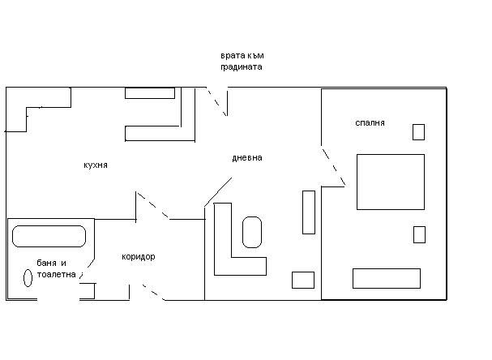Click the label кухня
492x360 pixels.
(x=96, y=165)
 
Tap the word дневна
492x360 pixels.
(x=247, y=158)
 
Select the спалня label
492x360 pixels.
(x=370, y=123)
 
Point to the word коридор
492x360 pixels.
(x=139, y=257)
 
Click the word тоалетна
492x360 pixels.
(x=57, y=274)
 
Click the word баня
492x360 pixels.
(x=46, y=263)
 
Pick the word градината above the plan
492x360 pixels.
(x=242, y=67)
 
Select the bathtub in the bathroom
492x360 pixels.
(x=49, y=236)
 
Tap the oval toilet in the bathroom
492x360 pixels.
(x=28, y=278)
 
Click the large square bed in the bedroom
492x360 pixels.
(x=391, y=182)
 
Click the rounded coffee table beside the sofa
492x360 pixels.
(x=252, y=232)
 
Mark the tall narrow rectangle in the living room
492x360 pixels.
(x=309, y=212)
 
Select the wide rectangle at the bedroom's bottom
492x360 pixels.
(x=387, y=278)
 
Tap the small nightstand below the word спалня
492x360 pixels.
(x=418, y=132)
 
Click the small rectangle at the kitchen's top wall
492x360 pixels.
(x=150, y=93)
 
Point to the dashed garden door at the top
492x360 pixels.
(x=216, y=102)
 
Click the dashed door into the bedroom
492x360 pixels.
(x=334, y=167)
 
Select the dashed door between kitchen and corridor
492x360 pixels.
(x=153, y=205)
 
